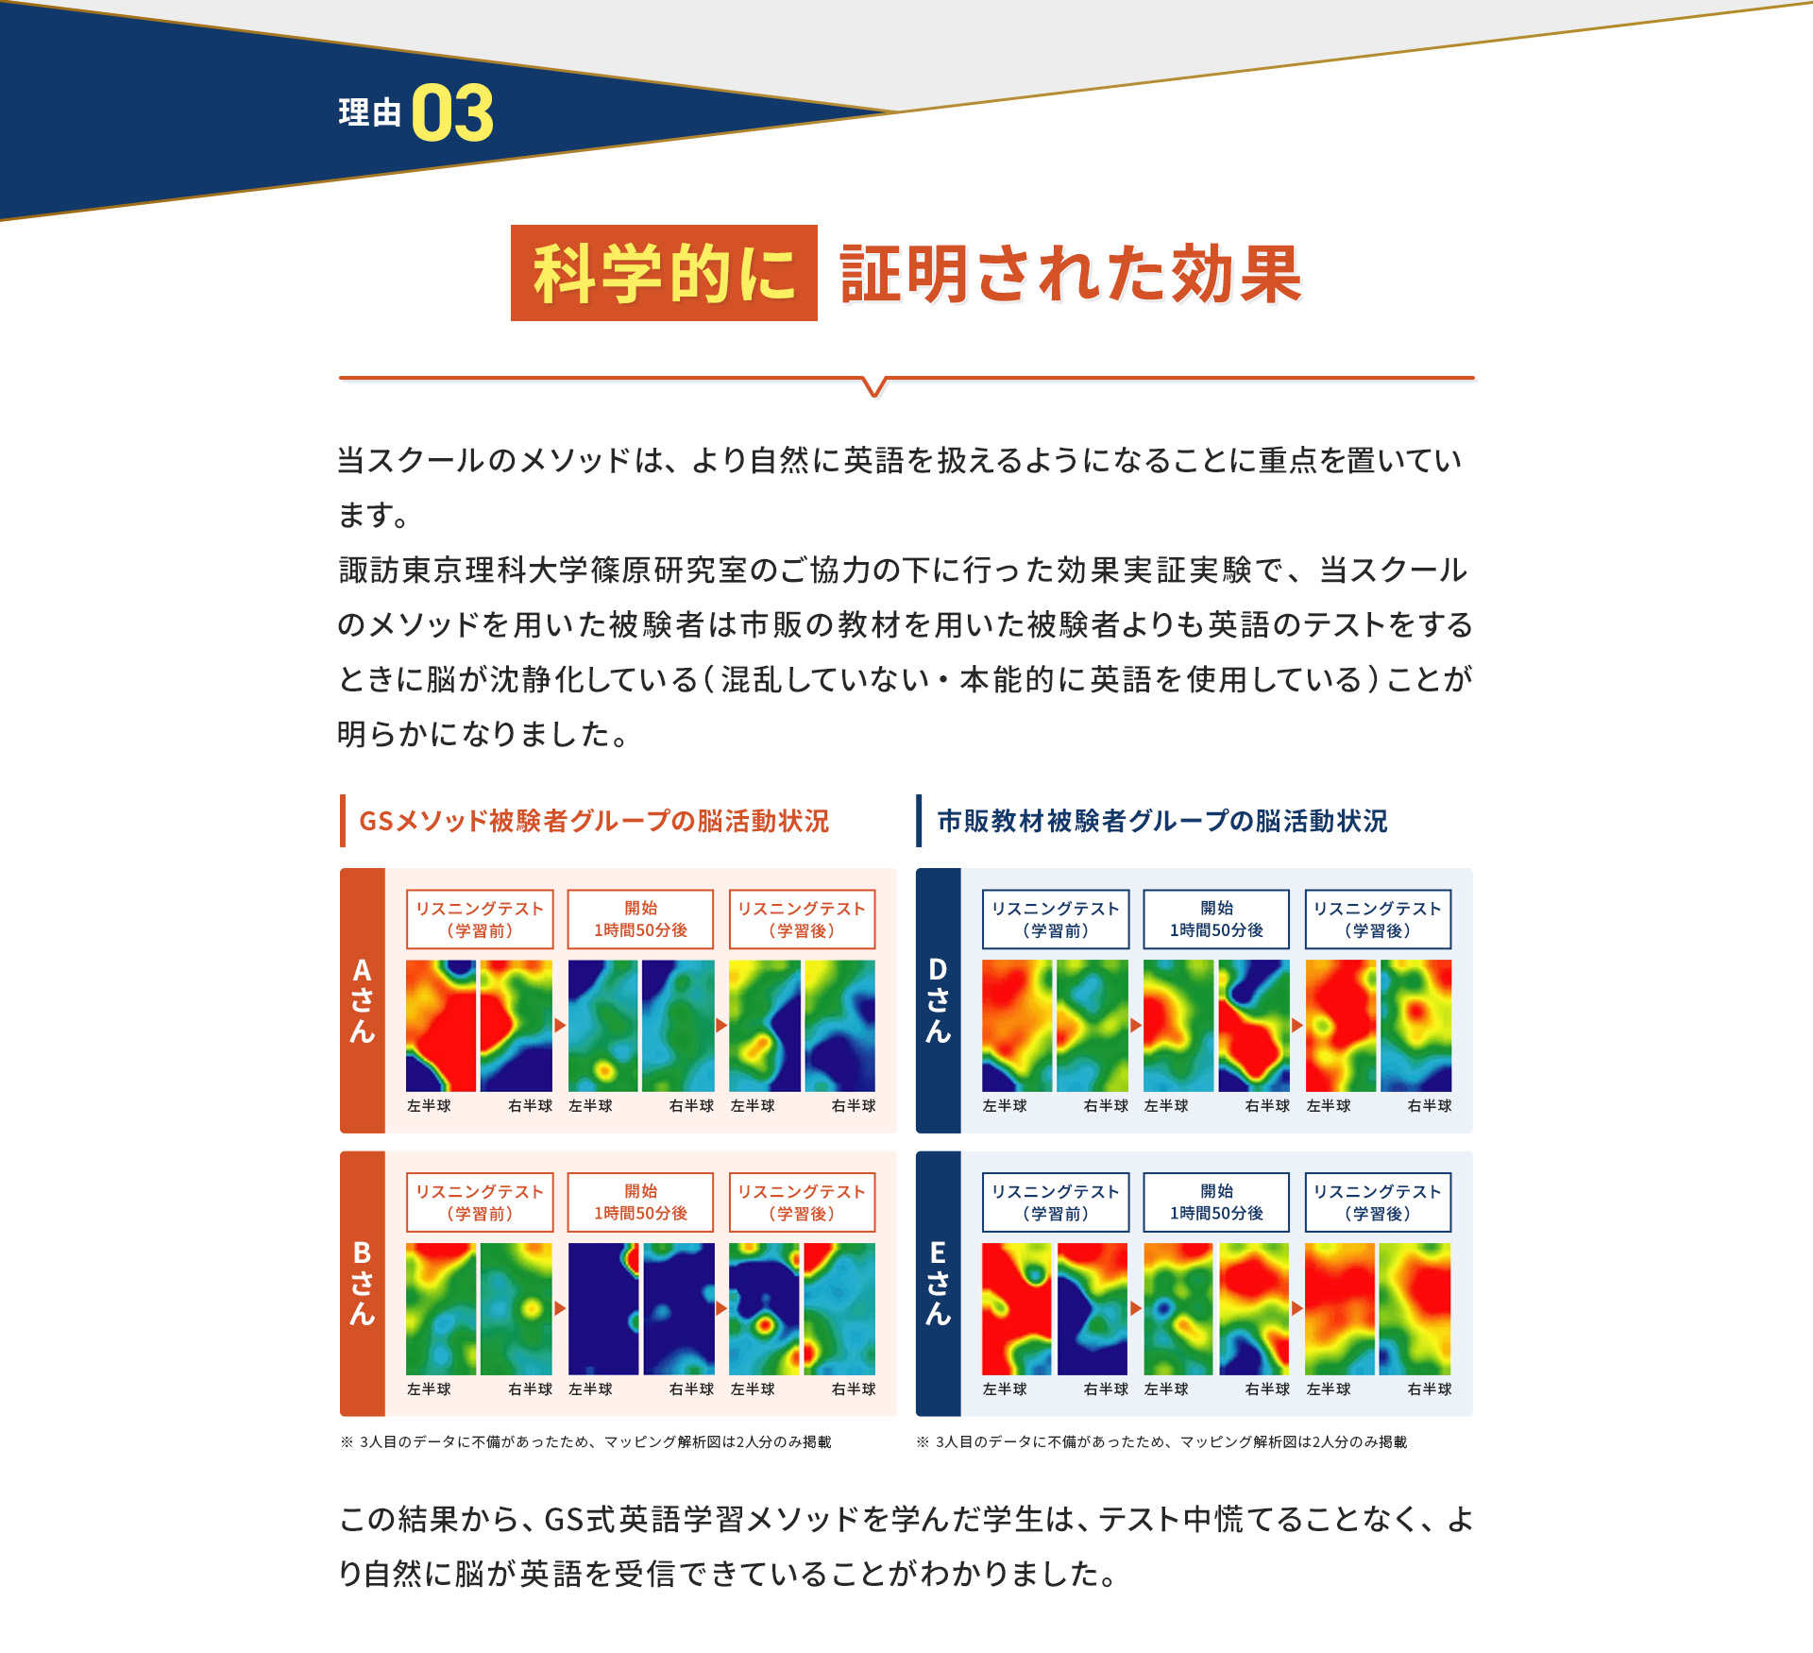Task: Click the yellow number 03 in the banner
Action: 452,113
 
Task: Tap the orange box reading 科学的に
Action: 664,273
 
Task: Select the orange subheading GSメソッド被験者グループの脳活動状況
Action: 593,821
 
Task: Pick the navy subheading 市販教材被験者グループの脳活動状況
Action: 1161,821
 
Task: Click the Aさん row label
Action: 363,1000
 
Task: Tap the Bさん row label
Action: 363,1283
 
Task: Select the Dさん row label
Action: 938,1000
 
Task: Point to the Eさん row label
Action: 938,1283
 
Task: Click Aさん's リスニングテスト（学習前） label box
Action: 480,919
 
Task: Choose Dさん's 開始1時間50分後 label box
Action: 1216,919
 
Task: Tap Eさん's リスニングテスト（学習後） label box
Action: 1378,1202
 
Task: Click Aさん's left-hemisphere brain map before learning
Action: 441,1026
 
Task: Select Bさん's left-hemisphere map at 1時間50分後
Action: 603,1308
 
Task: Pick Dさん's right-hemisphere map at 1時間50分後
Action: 1254,1026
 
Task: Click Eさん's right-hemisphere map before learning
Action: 1093,1308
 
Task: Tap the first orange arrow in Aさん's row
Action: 560,1026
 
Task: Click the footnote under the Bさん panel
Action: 585,1442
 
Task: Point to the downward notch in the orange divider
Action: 875,387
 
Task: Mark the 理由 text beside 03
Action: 369,113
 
